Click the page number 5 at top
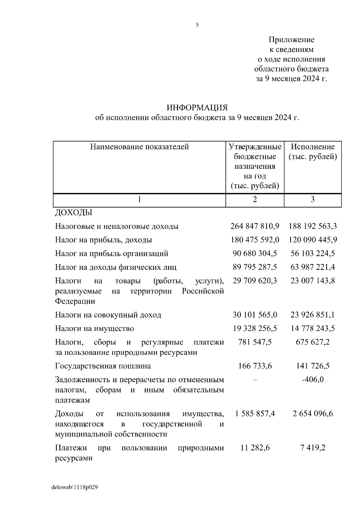pos(197,25)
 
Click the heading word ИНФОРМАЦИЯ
pos(197,108)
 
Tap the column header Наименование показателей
pos(139,147)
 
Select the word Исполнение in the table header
pos(313,147)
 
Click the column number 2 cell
pos(255,200)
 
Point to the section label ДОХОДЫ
pos(73,213)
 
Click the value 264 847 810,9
pos(255,226)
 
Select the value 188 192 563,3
pos(313,226)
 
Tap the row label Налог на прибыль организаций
pos(112,254)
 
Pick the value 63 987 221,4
pos(313,267)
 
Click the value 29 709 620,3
pos(255,281)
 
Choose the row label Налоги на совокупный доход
pos(108,315)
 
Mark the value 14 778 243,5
pos(313,329)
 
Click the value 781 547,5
pos(255,342)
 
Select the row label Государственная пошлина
pos(103,366)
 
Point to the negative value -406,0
pos(313,380)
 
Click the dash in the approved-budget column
pos(255,380)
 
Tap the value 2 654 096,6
pos(313,414)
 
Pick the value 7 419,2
pos(313,448)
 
